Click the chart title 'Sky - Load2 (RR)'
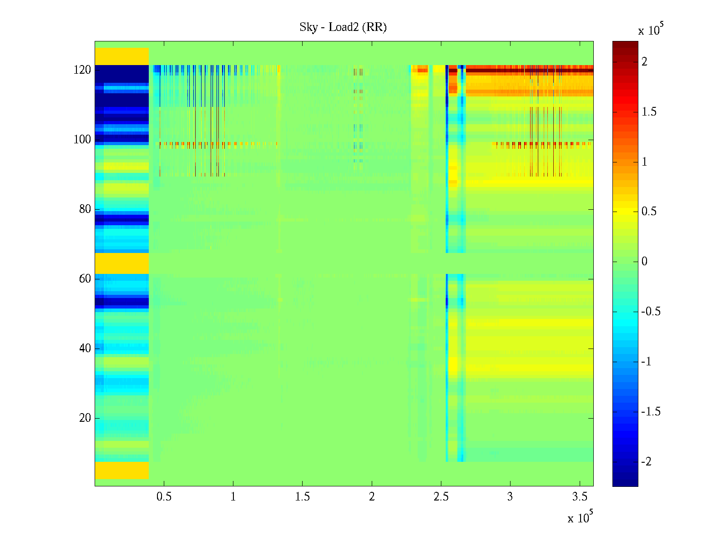click(343, 27)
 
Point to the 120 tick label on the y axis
click(82, 70)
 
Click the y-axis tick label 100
click(82, 140)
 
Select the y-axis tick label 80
click(85, 209)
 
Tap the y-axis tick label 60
click(85, 279)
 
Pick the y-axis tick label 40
click(85, 349)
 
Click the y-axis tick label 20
click(85, 418)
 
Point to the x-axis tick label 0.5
click(164, 497)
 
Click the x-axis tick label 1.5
click(302, 497)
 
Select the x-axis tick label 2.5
click(441, 497)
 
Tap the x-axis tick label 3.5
click(579, 497)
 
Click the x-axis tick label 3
click(510, 497)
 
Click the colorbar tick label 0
click(644, 262)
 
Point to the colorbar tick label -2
click(646, 462)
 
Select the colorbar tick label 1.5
click(649, 112)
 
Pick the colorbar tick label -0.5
click(651, 312)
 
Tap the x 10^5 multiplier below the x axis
click(580, 517)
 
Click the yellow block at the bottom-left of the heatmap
click(122, 470)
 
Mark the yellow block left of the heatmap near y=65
click(122, 263)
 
